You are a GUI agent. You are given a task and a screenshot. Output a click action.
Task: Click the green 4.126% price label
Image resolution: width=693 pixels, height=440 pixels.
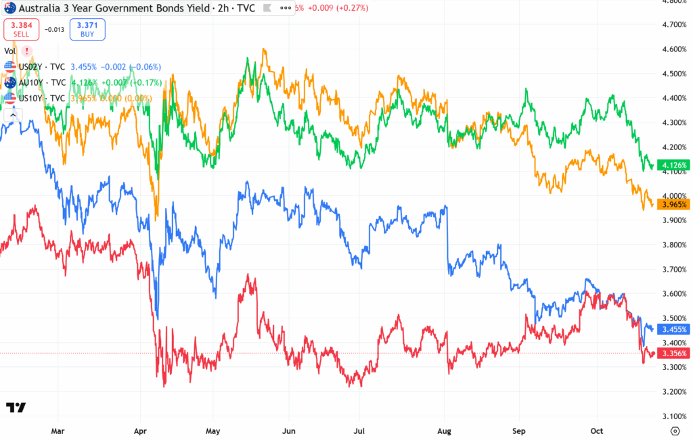click(x=674, y=165)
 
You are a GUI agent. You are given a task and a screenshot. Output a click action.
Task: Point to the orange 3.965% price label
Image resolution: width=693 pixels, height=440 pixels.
click(x=674, y=204)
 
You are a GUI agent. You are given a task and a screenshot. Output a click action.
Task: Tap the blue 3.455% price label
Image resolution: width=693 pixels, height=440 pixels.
click(x=674, y=329)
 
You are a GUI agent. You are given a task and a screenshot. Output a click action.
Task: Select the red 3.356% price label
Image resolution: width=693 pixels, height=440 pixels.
click(x=674, y=353)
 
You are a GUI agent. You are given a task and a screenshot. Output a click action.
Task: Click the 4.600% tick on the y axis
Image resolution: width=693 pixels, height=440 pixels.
click(x=674, y=49)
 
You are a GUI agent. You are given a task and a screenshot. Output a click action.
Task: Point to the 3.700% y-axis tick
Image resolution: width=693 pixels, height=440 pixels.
click(x=674, y=270)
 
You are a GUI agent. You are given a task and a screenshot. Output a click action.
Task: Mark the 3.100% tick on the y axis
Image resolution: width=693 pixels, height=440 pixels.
click(x=674, y=416)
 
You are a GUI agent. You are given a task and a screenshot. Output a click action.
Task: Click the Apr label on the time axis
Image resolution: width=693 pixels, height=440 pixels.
click(x=141, y=430)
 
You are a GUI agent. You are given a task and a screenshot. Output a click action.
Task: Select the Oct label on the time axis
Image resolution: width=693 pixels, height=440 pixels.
click(x=597, y=430)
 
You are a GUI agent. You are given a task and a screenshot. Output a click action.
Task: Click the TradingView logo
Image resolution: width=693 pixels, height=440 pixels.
click(x=16, y=408)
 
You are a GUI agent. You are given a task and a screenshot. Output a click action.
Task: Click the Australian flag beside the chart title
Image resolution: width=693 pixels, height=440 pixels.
click(x=10, y=7)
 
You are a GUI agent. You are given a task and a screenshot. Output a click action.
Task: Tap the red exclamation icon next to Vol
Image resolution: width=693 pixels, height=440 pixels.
click(x=26, y=51)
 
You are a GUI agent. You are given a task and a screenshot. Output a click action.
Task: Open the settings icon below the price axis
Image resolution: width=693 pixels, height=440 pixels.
click(x=674, y=431)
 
